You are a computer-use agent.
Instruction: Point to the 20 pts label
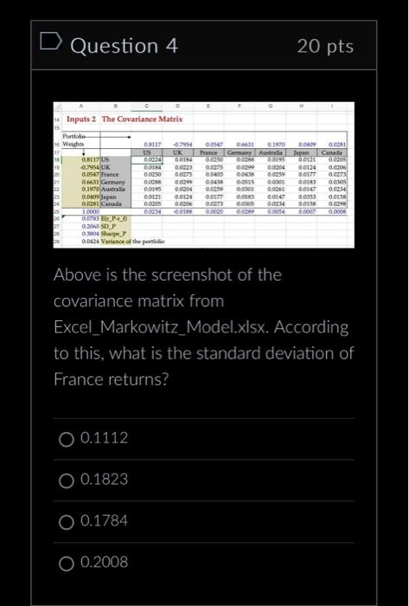326,46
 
